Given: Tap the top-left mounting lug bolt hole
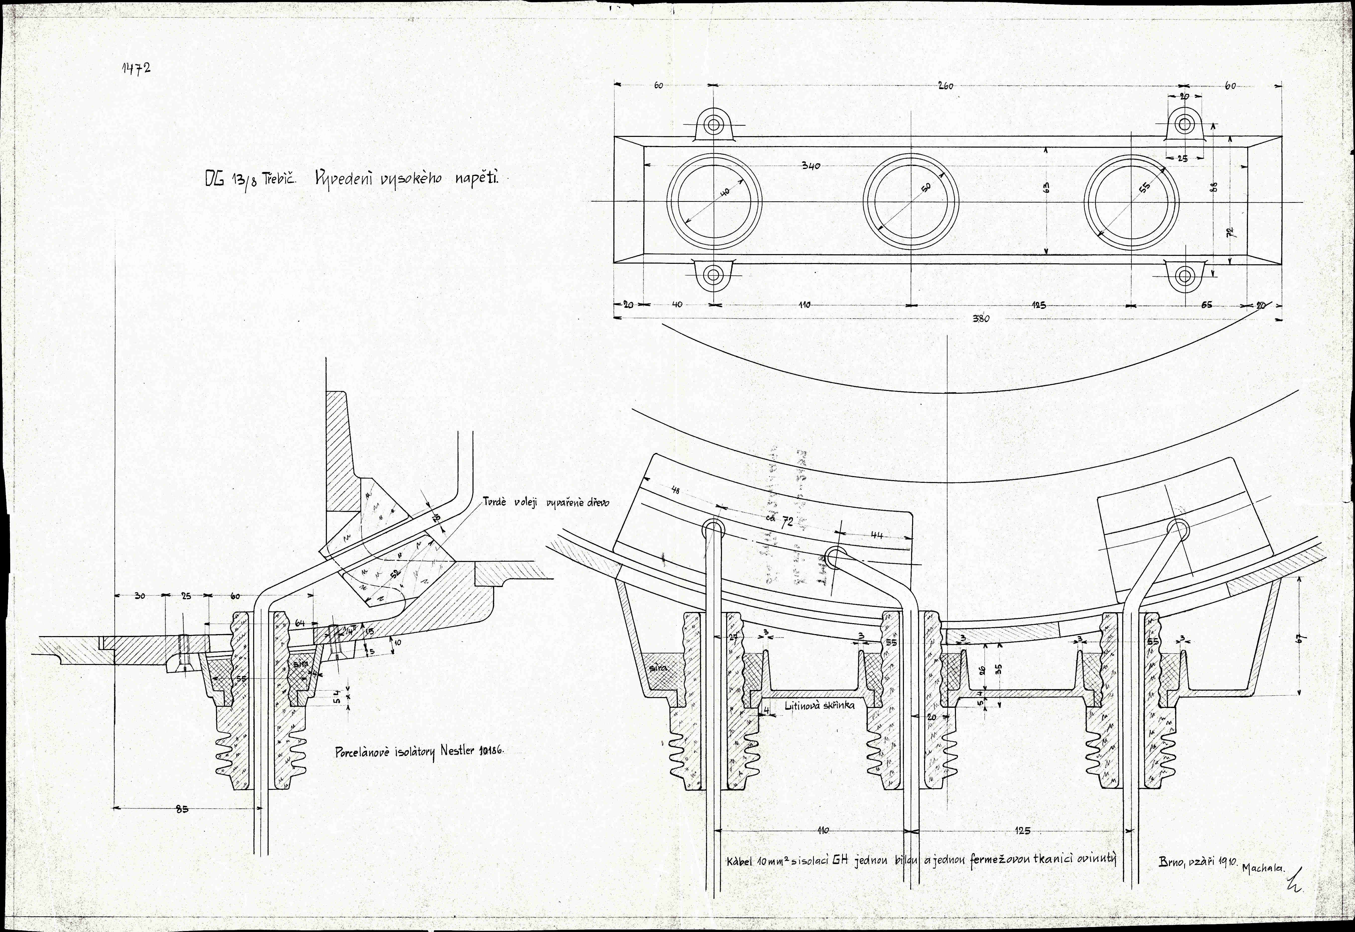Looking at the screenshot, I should tap(713, 124).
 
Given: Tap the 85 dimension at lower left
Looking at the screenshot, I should tap(183, 809).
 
